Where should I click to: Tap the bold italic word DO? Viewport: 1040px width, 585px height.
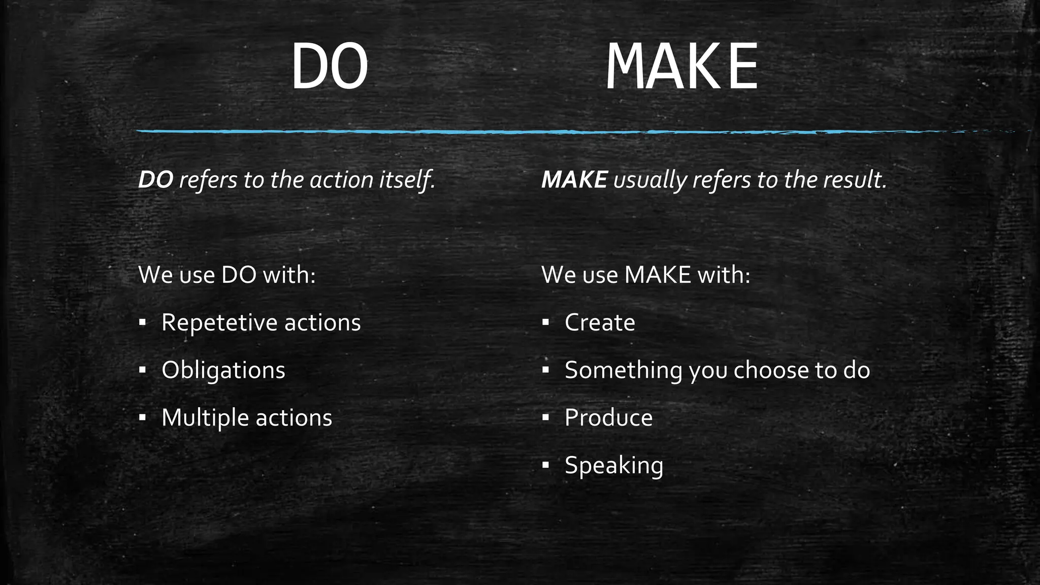(x=156, y=180)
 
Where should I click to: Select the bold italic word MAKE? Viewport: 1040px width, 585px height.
(x=574, y=180)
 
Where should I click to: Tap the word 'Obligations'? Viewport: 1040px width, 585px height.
(x=223, y=370)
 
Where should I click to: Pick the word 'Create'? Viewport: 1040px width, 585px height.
(x=600, y=322)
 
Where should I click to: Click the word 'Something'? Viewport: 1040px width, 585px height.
(x=623, y=370)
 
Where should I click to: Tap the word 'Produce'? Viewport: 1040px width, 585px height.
(x=608, y=418)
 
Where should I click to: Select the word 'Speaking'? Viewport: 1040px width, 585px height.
(x=614, y=466)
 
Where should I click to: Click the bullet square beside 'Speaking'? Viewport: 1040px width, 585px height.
(x=546, y=465)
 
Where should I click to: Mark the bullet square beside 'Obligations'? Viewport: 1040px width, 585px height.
(x=143, y=370)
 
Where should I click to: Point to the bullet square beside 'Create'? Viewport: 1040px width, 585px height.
(x=546, y=322)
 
